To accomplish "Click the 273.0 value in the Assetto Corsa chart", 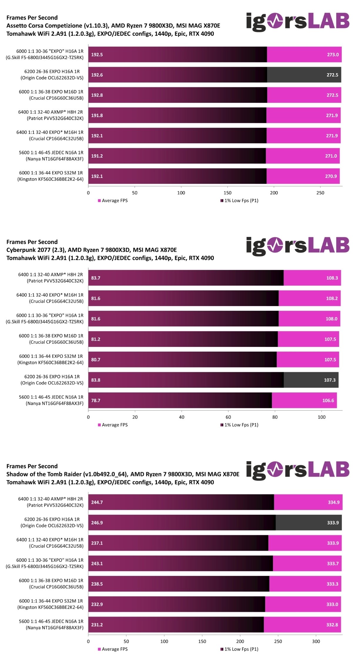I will tap(333, 55).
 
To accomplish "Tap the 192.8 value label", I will tap(97, 95).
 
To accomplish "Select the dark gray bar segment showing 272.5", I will tap(304, 75).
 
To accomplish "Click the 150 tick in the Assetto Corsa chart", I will tap(227, 193).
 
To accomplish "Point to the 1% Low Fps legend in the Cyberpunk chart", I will tap(239, 425).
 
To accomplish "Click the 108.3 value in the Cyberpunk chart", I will tap(332, 278).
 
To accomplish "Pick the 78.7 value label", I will tap(96, 400).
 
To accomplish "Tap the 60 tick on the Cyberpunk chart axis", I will tap(228, 417).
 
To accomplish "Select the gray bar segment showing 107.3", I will tap(311, 380).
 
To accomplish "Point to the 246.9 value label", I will tap(97, 523).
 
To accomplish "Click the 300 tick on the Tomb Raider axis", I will tap(316, 641).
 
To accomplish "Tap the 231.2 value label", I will tap(97, 625).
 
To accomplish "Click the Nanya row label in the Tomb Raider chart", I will tap(51, 624).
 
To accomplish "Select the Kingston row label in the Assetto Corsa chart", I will tap(51, 176).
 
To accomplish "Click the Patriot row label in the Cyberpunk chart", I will tap(51, 278).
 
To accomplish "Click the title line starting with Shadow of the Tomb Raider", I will tap(123, 474).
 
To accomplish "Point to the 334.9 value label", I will tap(334, 502).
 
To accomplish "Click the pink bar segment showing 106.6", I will tap(304, 400).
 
